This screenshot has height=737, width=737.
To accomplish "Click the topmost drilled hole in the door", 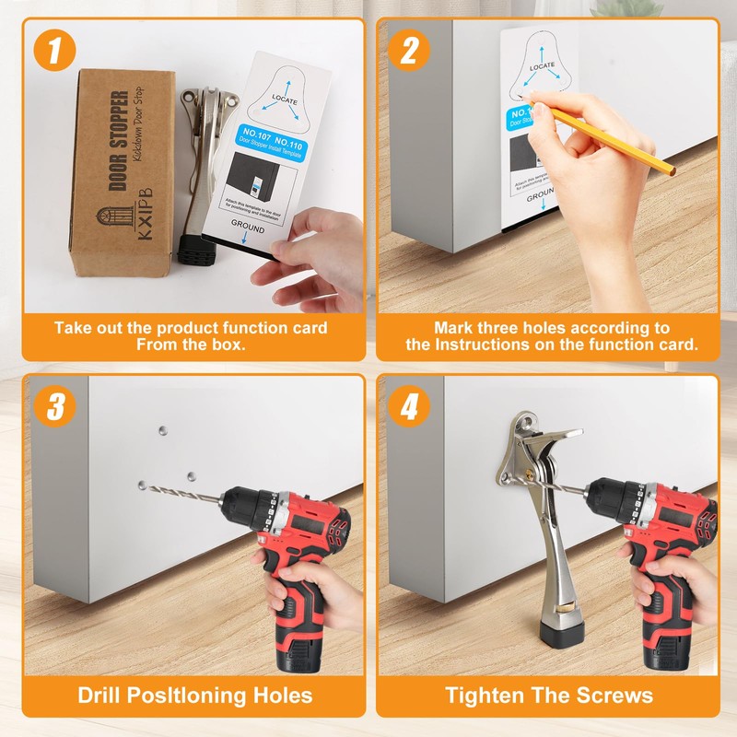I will click(162, 428).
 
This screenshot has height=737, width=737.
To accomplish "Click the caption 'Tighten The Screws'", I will click(549, 695).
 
